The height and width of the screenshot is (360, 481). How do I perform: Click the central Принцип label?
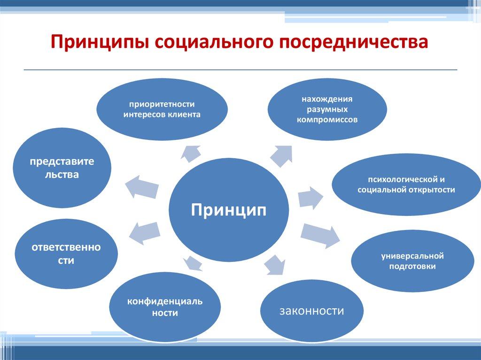click(228, 209)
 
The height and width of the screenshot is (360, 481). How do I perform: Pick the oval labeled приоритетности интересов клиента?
click(162, 109)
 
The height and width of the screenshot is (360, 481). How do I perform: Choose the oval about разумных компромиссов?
click(327, 109)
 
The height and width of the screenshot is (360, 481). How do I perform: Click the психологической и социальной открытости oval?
click(406, 184)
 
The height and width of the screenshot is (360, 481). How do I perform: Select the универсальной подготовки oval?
click(412, 261)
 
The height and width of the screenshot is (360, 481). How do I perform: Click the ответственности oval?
click(66, 254)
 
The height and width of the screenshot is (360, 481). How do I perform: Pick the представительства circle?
click(62, 168)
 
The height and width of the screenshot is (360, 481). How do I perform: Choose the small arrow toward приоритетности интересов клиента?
click(191, 152)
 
